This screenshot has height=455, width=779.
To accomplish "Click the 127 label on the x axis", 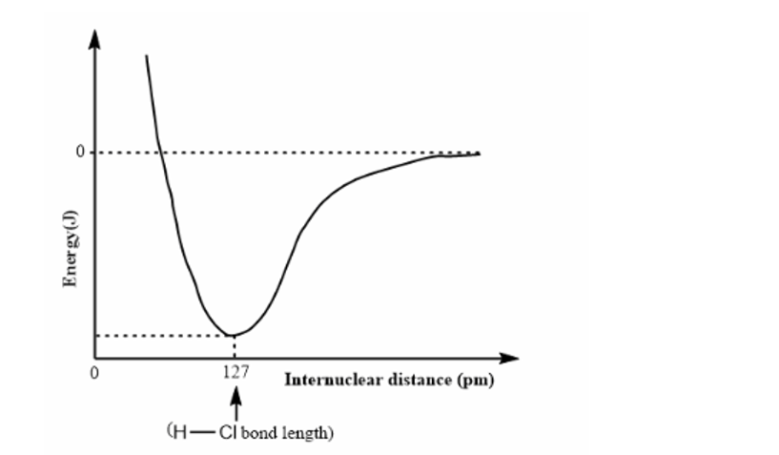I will point(235,373).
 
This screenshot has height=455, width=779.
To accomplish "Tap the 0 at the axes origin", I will point(94,373).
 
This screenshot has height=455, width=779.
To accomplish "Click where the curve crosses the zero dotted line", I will point(160,153).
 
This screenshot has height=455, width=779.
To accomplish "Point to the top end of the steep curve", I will point(146,56).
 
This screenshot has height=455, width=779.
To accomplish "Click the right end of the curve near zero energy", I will point(477,154).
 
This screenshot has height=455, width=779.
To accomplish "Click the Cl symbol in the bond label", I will point(227,431).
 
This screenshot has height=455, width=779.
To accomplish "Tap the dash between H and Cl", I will point(200,431).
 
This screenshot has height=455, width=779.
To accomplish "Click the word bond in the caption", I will point(258,432).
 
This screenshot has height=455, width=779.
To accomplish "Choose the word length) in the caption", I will point(308,432).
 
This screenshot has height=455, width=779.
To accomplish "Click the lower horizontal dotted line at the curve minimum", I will point(162,335).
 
